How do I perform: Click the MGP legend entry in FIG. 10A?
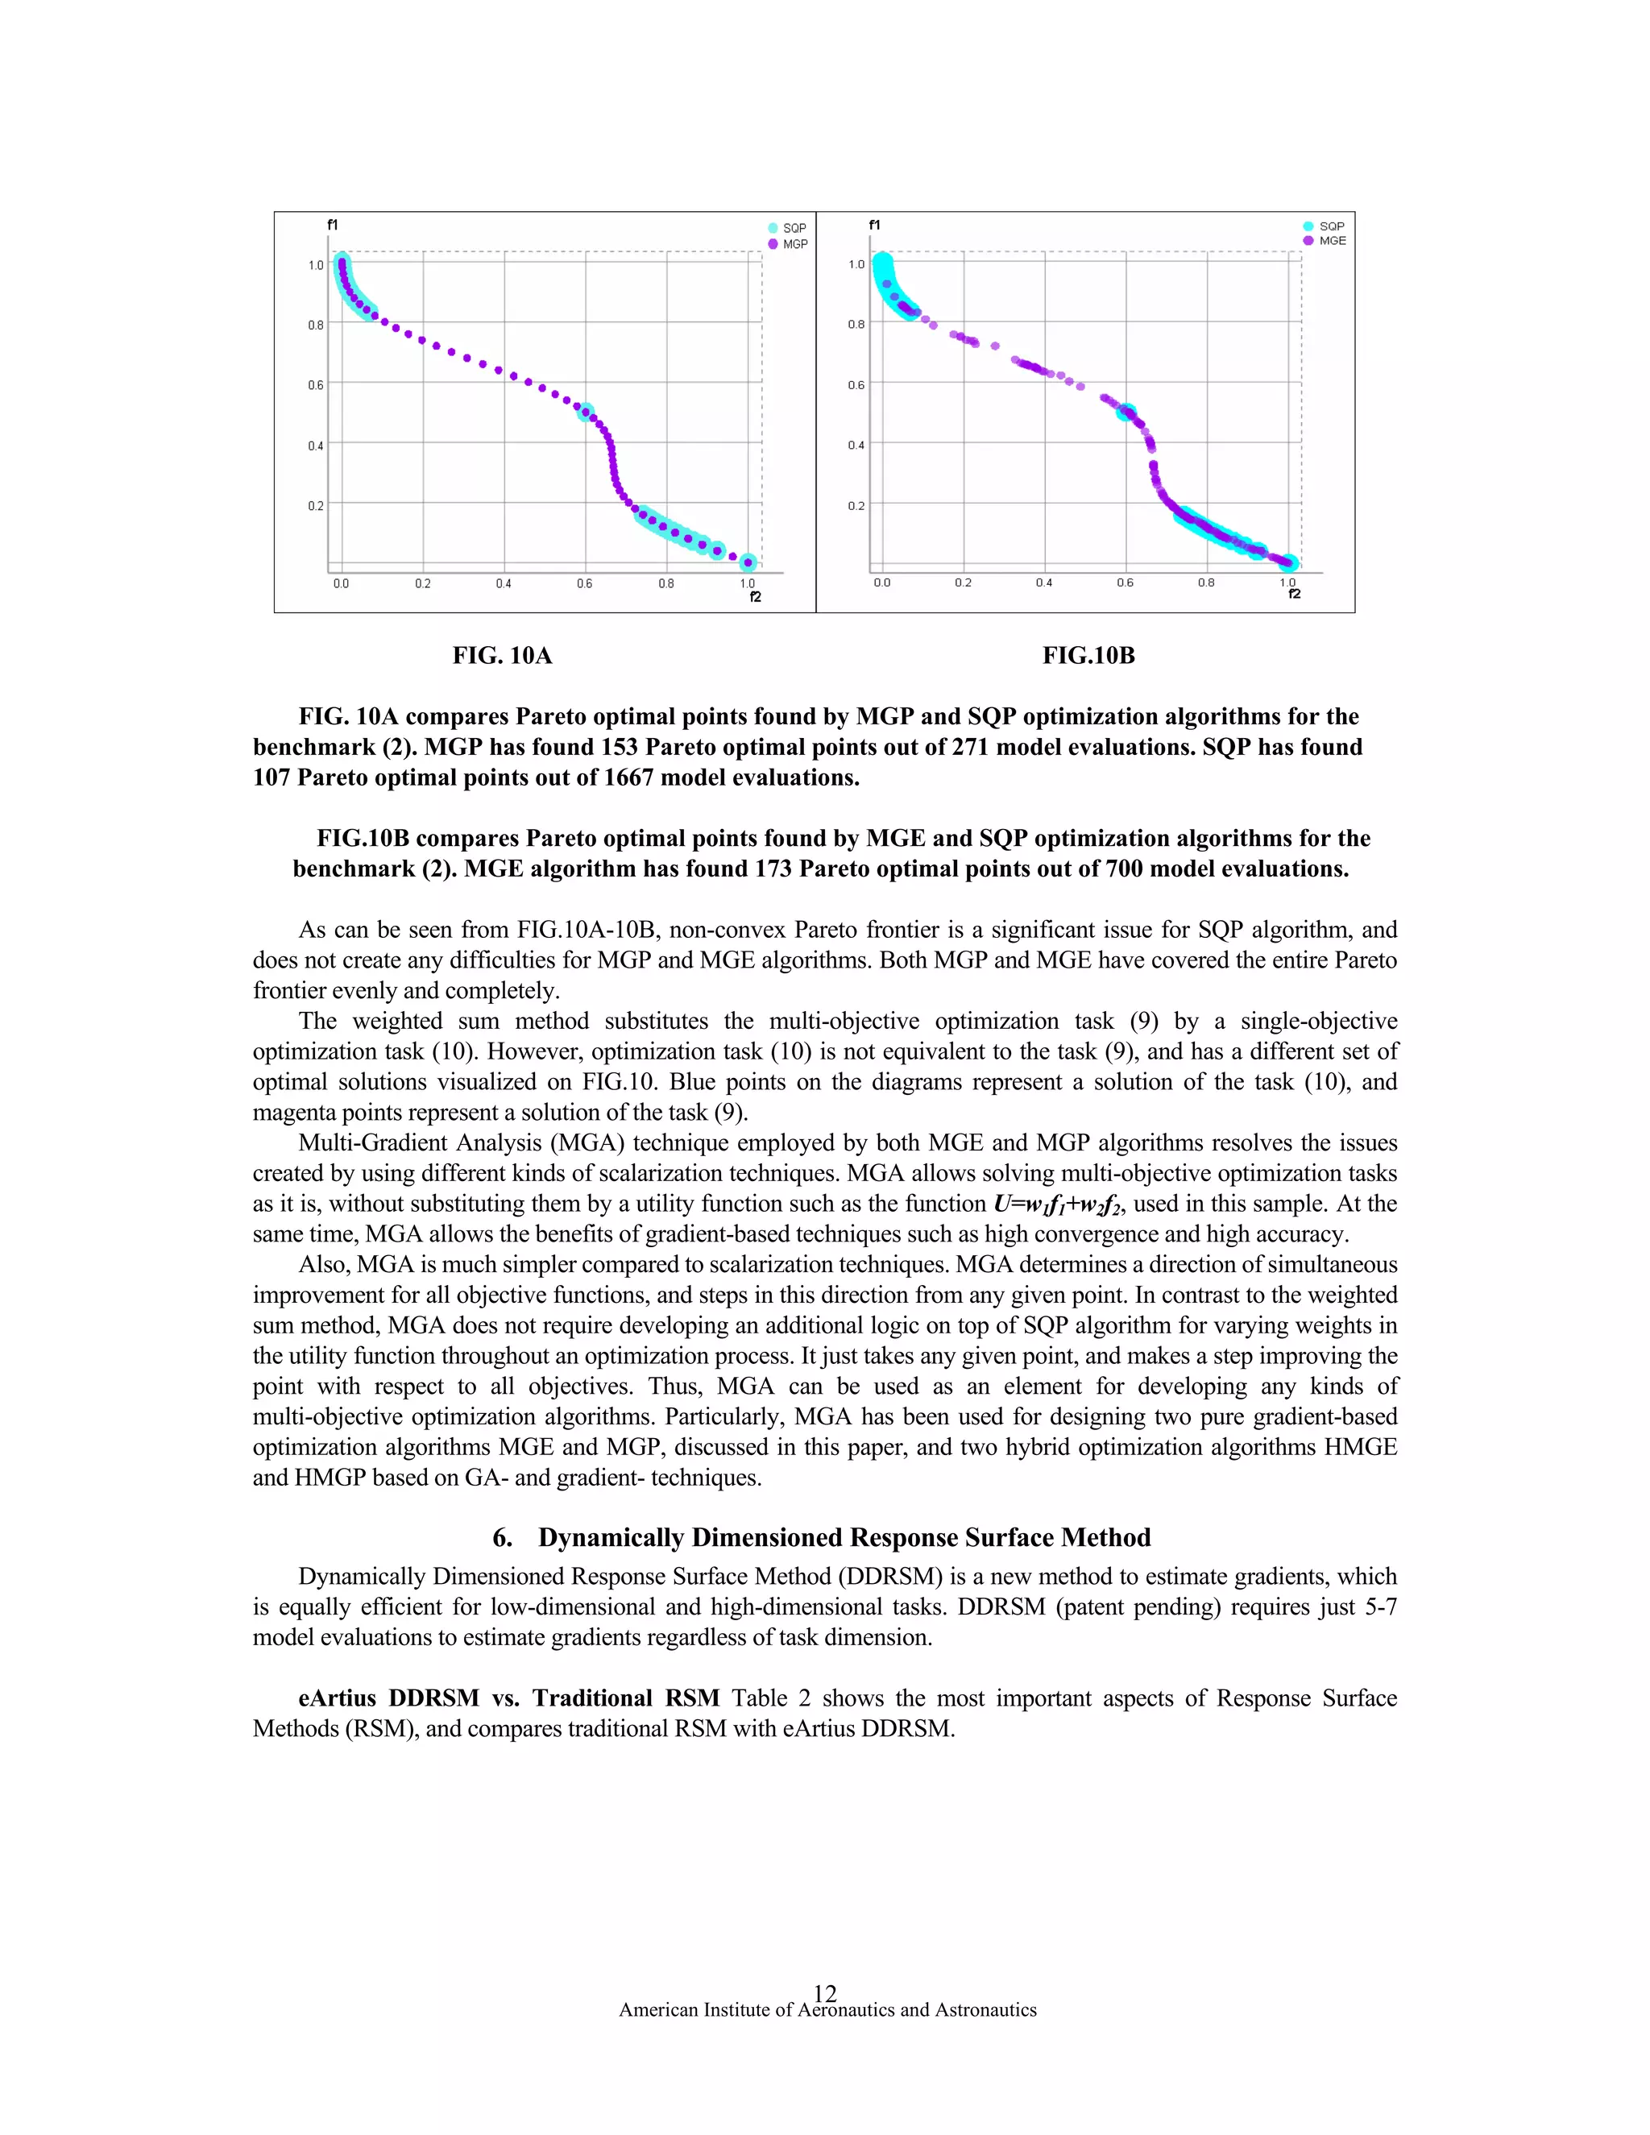(x=794, y=244)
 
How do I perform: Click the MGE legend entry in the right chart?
(x=1331, y=240)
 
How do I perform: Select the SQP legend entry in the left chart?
(x=794, y=228)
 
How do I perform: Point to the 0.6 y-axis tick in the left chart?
(x=316, y=385)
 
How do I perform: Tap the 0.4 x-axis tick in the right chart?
(x=1044, y=582)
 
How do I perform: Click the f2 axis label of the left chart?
(x=755, y=597)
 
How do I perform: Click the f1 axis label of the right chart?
(x=874, y=225)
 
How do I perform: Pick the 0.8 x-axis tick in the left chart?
(x=665, y=583)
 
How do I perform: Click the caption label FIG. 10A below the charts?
(x=501, y=656)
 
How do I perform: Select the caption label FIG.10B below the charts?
(x=1088, y=656)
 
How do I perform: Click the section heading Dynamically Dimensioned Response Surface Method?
(x=844, y=1538)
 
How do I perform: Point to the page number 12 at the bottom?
(x=825, y=1992)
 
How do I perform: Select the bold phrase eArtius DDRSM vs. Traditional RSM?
(x=508, y=1698)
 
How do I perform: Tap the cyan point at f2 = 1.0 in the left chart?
(x=748, y=562)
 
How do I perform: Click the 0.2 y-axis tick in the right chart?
(x=856, y=505)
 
